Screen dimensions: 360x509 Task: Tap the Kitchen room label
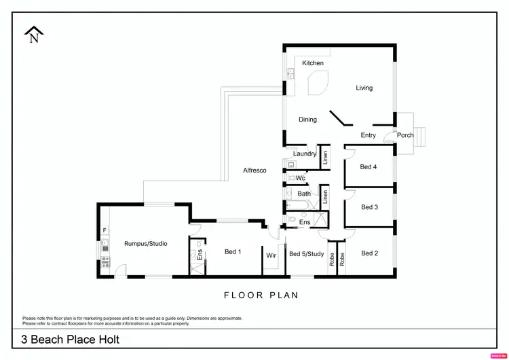313,63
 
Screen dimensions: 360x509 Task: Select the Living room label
364,88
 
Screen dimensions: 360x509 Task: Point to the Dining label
307,120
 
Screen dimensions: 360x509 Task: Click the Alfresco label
254,170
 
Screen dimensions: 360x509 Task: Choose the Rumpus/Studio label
145,243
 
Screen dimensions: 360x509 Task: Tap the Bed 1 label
233,252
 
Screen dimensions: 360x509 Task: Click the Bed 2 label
369,253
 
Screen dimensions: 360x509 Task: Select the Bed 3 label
369,207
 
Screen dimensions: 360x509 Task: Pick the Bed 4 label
369,166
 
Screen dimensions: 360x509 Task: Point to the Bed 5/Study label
307,254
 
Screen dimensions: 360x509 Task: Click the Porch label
405,135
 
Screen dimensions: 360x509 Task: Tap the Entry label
369,135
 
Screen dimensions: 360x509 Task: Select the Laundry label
305,154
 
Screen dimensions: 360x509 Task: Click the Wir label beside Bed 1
271,255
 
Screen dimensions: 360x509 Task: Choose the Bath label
304,194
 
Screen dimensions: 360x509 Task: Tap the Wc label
300,178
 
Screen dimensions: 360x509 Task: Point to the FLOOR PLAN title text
261,295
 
